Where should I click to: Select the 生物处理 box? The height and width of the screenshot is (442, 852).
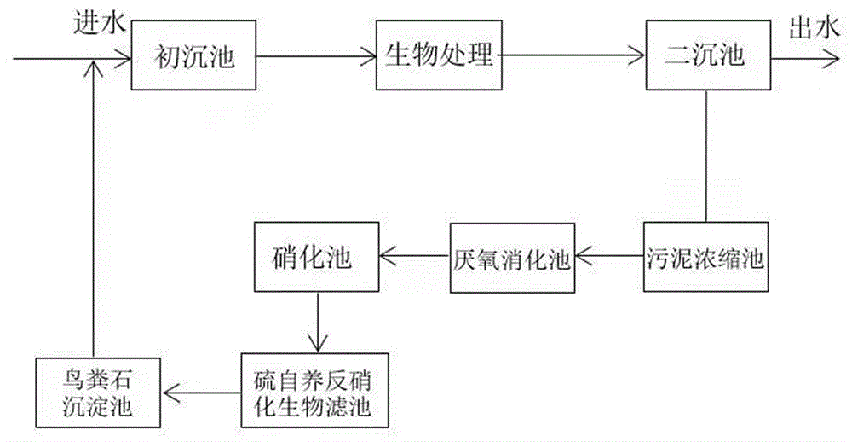point(440,57)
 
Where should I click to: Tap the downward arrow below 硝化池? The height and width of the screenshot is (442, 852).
point(316,322)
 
